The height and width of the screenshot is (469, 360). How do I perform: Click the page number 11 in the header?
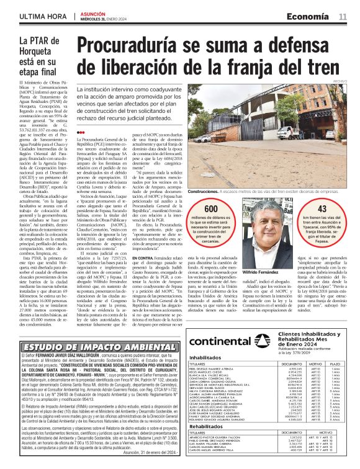click(343, 16)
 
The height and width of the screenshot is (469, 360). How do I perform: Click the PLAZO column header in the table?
click(335, 365)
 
